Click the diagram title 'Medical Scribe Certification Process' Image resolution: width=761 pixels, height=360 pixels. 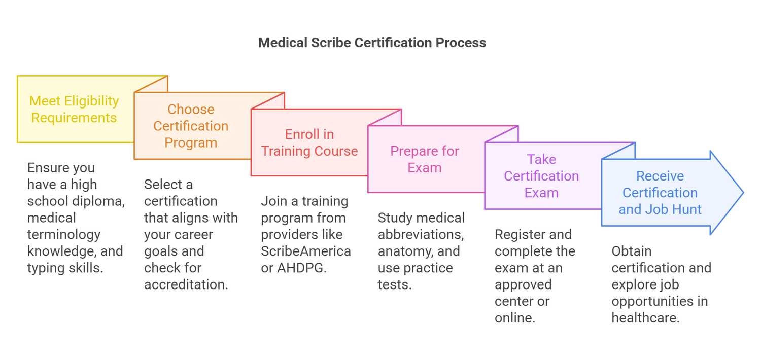[372, 43]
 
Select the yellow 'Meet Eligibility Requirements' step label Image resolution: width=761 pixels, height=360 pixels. [74, 109]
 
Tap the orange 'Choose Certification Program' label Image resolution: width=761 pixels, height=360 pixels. [191, 126]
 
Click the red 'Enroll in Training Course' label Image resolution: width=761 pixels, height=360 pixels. [309, 142]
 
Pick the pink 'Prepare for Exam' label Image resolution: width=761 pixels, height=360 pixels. [425, 159]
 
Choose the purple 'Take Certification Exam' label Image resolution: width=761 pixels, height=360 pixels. [541, 176]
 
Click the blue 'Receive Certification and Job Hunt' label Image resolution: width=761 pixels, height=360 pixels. [660, 193]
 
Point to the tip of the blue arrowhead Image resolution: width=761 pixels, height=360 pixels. [743, 193]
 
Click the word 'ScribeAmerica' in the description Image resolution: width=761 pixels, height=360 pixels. [306, 251]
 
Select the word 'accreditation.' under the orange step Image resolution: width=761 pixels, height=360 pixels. [186, 284]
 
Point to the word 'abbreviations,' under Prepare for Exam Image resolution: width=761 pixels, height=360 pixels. [421, 234]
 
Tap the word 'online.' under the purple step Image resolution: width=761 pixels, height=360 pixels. [515, 318]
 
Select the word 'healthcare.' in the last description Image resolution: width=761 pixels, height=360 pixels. [645, 318]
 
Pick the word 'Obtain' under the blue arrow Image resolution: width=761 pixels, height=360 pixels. [632, 251]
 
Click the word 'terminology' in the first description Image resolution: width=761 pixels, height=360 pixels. [64, 234]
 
